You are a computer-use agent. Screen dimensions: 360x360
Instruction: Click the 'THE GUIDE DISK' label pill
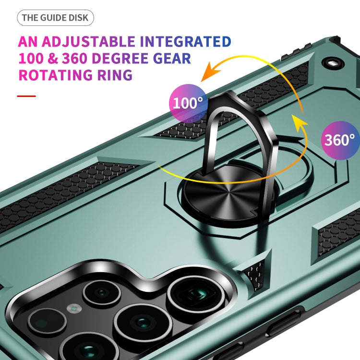coord(55,18)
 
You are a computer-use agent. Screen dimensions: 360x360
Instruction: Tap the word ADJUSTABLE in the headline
coord(88,42)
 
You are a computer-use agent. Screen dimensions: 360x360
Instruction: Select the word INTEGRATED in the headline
coord(185,42)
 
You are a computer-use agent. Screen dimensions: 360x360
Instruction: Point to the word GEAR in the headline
coord(172,58)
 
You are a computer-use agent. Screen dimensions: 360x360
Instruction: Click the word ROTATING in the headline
coord(56,75)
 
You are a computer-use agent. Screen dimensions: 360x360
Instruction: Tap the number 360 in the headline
coord(74,58)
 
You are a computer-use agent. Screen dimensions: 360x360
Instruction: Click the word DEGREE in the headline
coord(120,58)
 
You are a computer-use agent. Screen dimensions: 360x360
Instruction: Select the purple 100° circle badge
coord(188,103)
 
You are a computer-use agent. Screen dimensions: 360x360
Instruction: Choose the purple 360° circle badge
coord(340,140)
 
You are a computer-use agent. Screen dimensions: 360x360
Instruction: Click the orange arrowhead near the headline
coord(210,72)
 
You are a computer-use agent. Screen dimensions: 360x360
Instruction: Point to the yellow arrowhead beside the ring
coord(300,123)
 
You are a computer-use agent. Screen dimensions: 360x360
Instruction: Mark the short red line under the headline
coord(26,96)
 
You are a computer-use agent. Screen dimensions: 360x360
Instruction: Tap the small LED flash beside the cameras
coord(74,308)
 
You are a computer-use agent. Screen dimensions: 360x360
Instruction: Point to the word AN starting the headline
coord(27,42)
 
